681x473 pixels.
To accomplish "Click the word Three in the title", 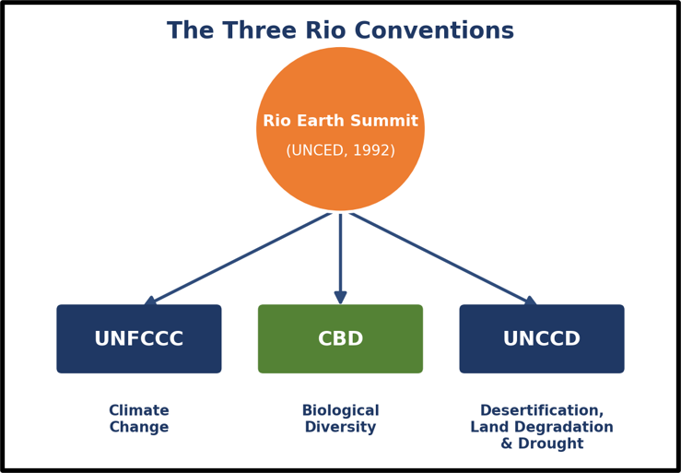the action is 259,30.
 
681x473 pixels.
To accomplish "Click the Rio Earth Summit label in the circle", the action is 341,121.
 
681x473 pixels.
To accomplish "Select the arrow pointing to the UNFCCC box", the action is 238,258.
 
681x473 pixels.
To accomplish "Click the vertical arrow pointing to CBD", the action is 341,259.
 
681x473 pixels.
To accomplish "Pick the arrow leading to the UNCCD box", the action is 443,258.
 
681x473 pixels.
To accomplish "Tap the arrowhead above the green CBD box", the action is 341,298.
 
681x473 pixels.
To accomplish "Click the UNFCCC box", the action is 139,338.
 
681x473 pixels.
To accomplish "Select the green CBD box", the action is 341,338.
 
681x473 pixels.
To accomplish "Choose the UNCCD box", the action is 542,338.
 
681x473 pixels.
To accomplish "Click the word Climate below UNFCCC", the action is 139,410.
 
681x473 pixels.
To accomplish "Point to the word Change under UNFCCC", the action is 139,427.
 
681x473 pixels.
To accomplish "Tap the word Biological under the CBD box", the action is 341,410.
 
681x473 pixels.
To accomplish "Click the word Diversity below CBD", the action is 341,427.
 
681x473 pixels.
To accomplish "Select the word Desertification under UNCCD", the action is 542,410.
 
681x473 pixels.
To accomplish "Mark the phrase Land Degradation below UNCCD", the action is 542,427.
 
